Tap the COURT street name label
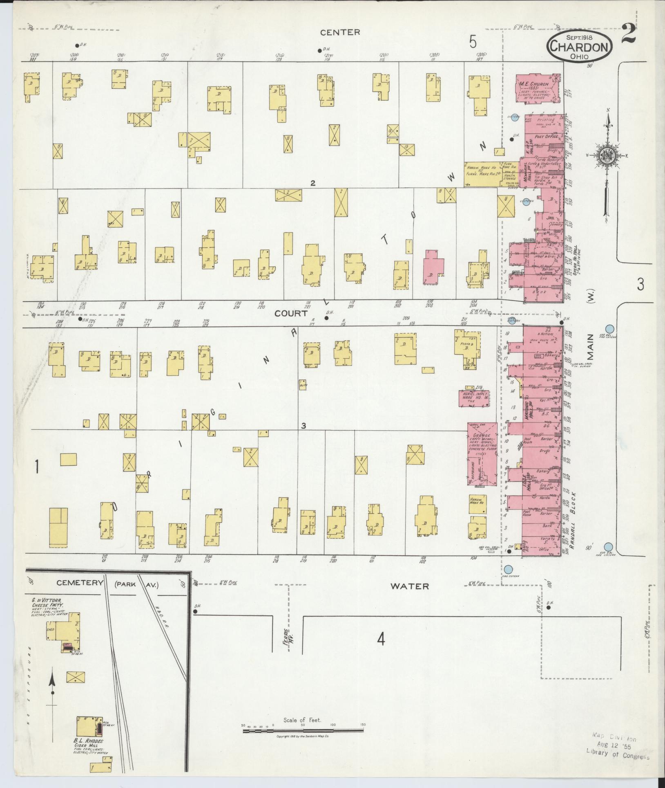point(291,313)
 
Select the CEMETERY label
point(79,582)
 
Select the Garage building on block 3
point(482,454)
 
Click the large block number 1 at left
point(37,467)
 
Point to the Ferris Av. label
point(290,637)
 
